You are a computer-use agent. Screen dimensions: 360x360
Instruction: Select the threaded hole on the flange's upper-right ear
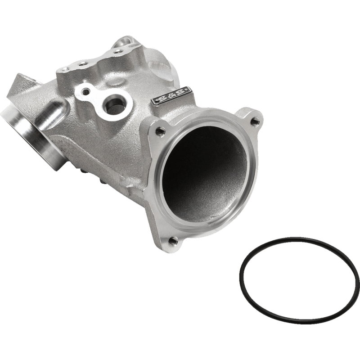pos(255,120)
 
